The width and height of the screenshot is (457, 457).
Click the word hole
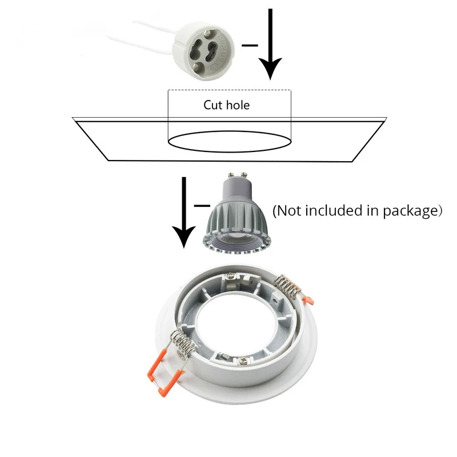(237, 105)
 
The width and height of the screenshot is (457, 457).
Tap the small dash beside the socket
(250, 44)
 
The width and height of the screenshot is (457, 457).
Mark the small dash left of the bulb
(201, 204)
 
